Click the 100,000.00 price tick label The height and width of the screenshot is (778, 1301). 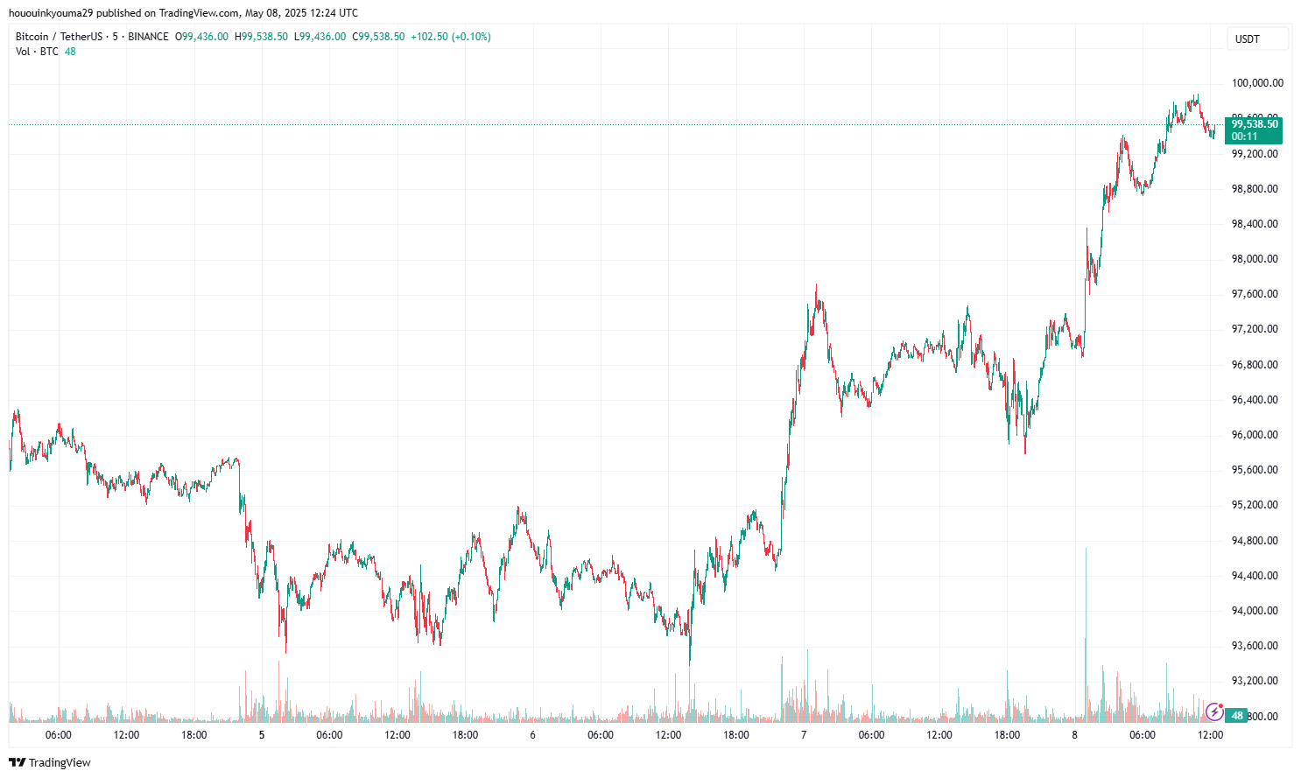click(1257, 83)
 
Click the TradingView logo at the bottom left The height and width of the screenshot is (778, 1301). click(50, 762)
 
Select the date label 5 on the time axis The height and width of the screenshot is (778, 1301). click(262, 735)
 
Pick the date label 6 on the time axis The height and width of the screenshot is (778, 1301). click(532, 735)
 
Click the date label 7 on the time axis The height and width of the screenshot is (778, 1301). click(804, 735)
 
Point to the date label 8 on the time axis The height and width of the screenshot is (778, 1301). click(1074, 735)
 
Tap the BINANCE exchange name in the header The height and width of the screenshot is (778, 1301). click(148, 37)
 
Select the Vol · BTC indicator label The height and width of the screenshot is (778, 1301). click(37, 52)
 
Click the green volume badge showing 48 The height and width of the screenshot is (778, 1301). click(1237, 716)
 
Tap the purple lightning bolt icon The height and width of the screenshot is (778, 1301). click(1214, 712)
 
